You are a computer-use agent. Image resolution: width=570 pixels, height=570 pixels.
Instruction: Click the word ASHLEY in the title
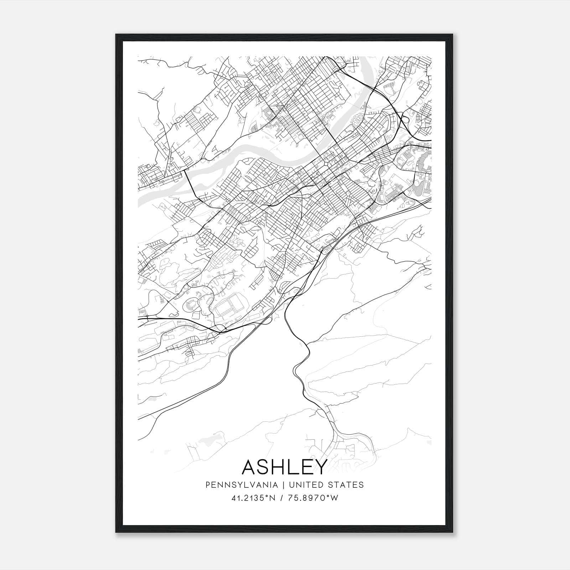284,467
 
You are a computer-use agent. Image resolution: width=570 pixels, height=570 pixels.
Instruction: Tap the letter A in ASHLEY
250,467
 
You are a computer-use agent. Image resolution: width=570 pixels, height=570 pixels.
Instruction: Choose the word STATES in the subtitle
347,485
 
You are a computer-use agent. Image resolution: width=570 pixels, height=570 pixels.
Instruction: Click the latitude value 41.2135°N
253,498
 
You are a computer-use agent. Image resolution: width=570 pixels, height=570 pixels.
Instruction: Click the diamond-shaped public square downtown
326,164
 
